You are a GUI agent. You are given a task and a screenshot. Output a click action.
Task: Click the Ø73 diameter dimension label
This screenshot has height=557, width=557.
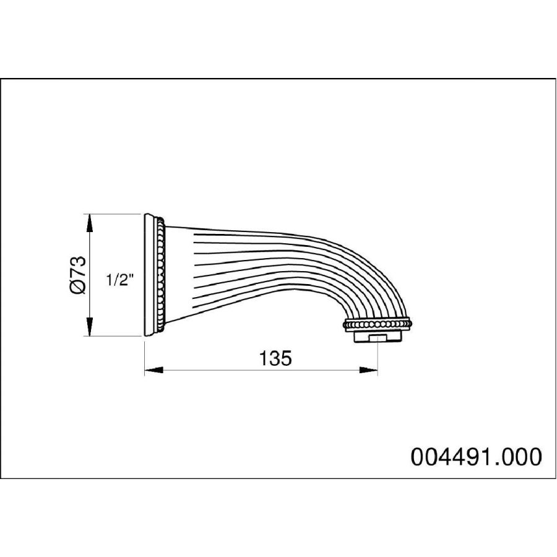[x=78, y=275]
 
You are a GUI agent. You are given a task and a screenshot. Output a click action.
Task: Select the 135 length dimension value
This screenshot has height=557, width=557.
[x=275, y=358]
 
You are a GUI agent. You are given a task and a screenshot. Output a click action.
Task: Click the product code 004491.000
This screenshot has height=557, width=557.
[x=476, y=457]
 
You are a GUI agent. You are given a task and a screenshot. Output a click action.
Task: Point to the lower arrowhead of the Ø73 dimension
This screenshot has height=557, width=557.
[x=90, y=326]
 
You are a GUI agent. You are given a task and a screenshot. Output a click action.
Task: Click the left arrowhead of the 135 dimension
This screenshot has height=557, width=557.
[x=153, y=370]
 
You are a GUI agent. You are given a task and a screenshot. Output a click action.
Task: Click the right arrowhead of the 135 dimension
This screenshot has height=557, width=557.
[x=368, y=370]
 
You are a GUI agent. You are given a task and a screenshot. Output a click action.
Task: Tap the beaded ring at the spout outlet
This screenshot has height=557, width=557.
[x=378, y=324]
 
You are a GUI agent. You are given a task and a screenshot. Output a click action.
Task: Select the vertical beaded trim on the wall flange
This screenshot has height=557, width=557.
[x=161, y=275]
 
